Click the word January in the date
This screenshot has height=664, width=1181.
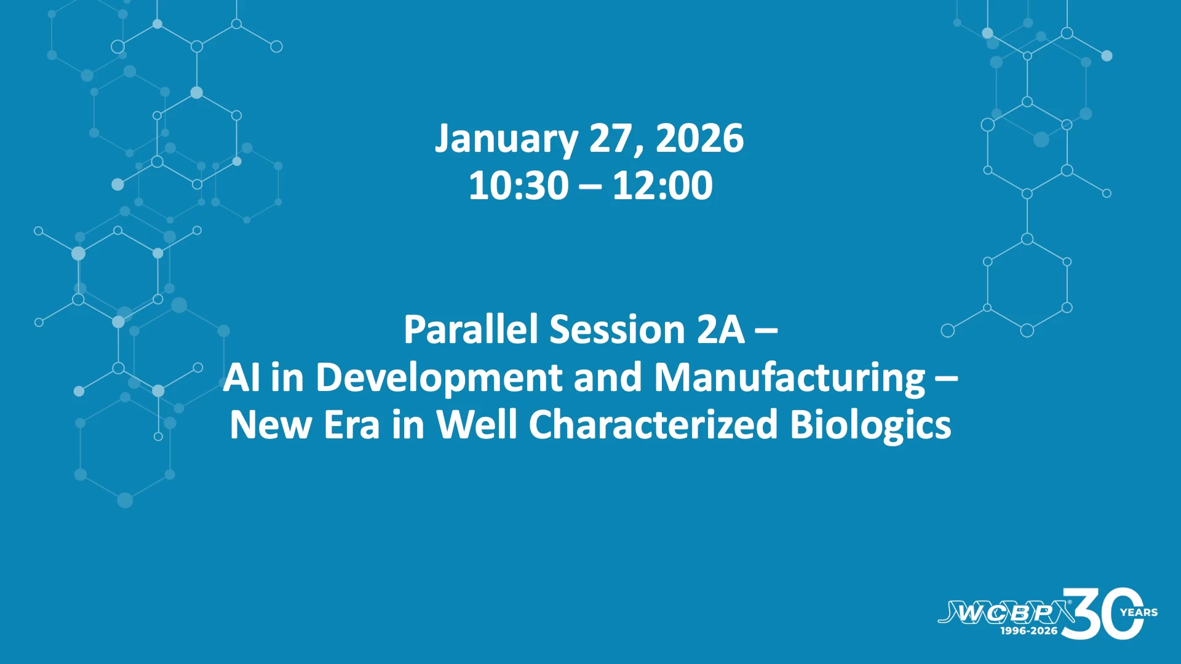pyautogui.click(x=506, y=140)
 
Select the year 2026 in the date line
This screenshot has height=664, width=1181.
pyautogui.click(x=699, y=138)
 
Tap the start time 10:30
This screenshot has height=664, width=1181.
pyautogui.click(x=519, y=185)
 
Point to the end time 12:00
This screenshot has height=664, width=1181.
pyautogui.click(x=662, y=185)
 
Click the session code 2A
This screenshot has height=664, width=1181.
pyautogui.click(x=720, y=330)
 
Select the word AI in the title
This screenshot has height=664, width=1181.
pyautogui.click(x=241, y=377)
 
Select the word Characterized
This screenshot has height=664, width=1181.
pyautogui.click(x=653, y=424)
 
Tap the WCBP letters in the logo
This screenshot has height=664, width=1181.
pyautogui.click(x=1006, y=612)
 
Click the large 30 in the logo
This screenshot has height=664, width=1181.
pyautogui.click(x=1103, y=614)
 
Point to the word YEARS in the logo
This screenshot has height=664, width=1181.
pyautogui.click(x=1139, y=612)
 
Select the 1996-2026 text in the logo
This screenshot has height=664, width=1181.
pyautogui.click(x=1029, y=631)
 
